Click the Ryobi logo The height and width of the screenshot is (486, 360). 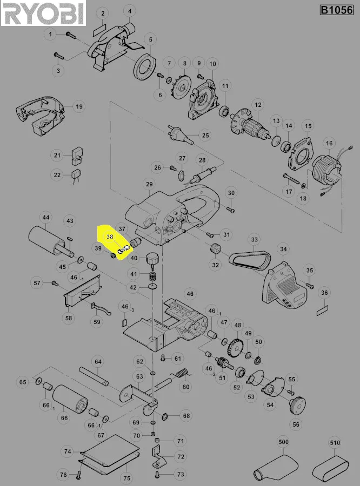coord(43,13)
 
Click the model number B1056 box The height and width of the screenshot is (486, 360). coord(337,10)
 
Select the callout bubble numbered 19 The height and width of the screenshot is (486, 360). coord(79,106)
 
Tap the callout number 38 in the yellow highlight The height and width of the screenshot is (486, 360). coord(110,237)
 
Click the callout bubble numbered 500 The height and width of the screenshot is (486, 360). coord(283,442)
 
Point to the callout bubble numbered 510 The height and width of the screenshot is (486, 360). coord(335,443)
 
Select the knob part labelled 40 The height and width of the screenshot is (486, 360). coord(152,259)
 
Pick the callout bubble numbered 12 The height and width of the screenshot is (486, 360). coord(258,105)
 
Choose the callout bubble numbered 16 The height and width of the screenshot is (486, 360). coord(329,143)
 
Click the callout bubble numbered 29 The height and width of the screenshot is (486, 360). coord(149,184)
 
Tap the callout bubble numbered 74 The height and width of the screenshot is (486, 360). coord(68,451)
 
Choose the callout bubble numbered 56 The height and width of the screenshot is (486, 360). coord(296,424)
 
